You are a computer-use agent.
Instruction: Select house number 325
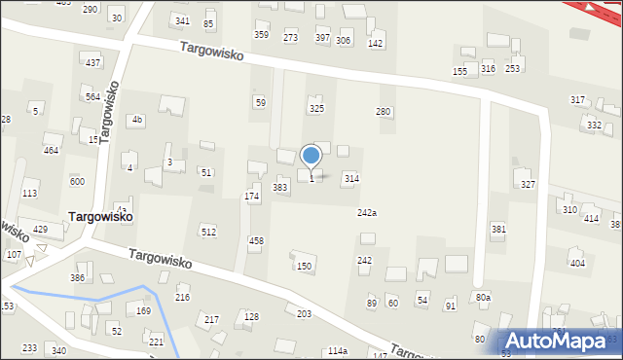click(x=316, y=109)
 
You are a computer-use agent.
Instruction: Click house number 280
click(x=384, y=112)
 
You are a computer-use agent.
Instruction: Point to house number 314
click(x=351, y=179)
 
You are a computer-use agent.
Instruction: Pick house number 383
click(x=280, y=187)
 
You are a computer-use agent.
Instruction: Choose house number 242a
click(x=367, y=213)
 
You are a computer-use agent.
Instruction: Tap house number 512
click(x=208, y=232)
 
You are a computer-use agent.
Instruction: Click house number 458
click(x=256, y=240)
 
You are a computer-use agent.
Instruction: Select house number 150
click(x=304, y=266)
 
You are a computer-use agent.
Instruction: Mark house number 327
click(x=528, y=184)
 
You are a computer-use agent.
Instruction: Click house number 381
click(x=498, y=230)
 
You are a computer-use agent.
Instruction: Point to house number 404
click(x=577, y=264)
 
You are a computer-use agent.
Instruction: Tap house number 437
click(x=92, y=62)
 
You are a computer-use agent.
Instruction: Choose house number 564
click(x=92, y=96)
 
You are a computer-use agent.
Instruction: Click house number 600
click(x=77, y=182)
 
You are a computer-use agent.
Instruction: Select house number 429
click(x=40, y=229)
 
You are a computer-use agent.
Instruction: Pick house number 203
click(x=304, y=314)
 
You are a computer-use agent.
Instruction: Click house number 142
click(x=375, y=44)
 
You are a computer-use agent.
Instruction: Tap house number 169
click(x=143, y=311)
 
